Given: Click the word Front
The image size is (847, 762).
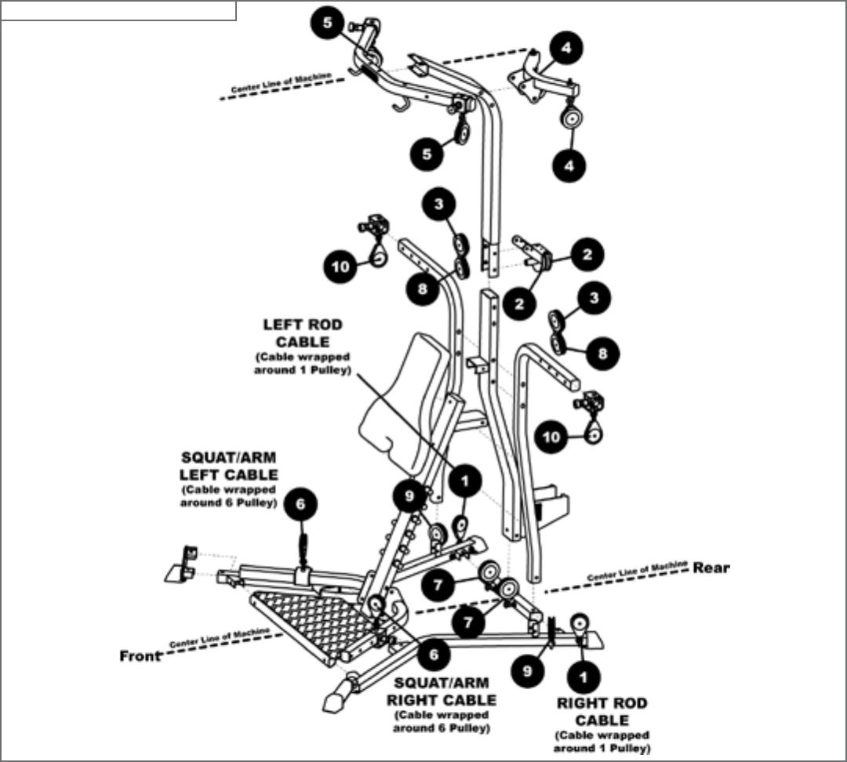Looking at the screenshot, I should pyautogui.click(x=140, y=655).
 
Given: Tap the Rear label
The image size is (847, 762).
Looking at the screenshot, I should pyautogui.click(x=711, y=568).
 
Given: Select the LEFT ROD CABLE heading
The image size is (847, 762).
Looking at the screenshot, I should pyautogui.click(x=303, y=333).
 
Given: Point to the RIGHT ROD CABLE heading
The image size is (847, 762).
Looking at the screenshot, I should pyautogui.click(x=602, y=711).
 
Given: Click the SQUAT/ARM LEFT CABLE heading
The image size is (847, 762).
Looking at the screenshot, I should pyautogui.click(x=229, y=466).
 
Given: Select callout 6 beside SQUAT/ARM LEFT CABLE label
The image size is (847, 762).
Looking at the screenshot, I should pyautogui.click(x=302, y=504).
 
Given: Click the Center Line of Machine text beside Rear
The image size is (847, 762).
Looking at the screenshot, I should pyautogui.click(x=637, y=571).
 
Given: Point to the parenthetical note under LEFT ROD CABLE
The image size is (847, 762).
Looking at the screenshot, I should pyautogui.click(x=303, y=363).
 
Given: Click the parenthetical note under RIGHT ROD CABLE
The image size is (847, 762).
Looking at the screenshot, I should pyautogui.click(x=602, y=742).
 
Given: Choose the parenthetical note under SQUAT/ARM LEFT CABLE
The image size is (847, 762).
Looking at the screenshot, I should pyautogui.click(x=229, y=496).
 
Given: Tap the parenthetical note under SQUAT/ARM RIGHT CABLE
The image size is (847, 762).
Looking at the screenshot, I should pyautogui.click(x=443, y=721).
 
